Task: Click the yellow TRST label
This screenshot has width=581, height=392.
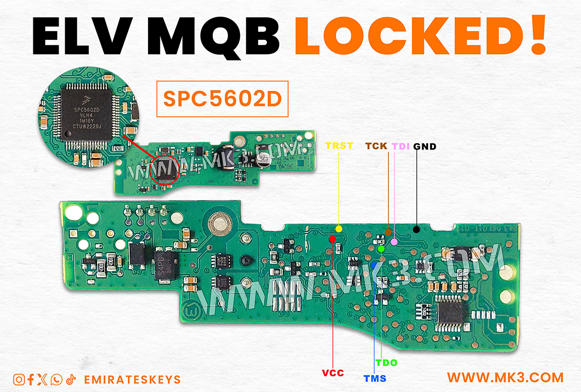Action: pyautogui.click(x=338, y=146)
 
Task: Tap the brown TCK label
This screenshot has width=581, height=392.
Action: pyautogui.click(x=377, y=146)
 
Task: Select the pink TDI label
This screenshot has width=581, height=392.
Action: pyautogui.click(x=401, y=146)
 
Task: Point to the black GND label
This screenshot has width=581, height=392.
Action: pyautogui.click(x=425, y=146)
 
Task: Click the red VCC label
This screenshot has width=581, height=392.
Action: pyautogui.click(x=333, y=372)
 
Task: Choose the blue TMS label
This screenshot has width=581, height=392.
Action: pyautogui.click(x=374, y=379)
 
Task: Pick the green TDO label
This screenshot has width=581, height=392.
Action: pyautogui.click(x=386, y=363)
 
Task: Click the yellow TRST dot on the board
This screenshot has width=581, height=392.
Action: pyautogui.click(x=339, y=229)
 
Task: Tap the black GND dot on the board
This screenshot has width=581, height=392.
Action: pyautogui.click(x=416, y=230)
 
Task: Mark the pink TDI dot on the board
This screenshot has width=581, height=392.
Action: pyautogui.click(x=394, y=242)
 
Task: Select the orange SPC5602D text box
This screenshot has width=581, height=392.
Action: pyautogui.click(x=222, y=98)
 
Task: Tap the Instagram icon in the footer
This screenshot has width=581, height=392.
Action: pyautogui.click(x=19, y=380)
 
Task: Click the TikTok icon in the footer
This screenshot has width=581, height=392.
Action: pyautogui.click(x=72, y=380)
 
